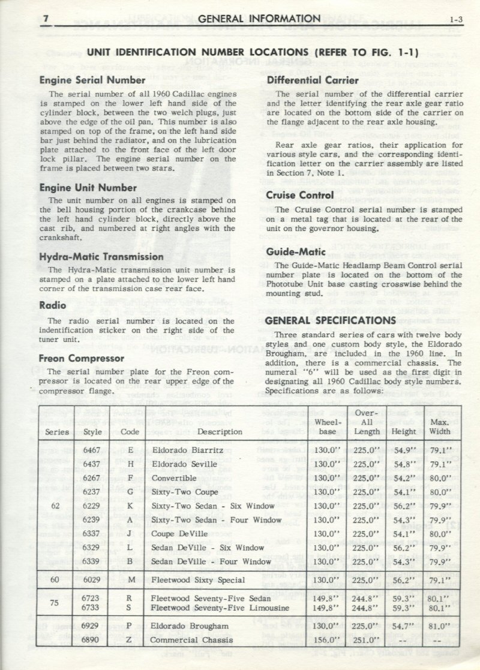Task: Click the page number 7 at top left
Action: (x=44, y=19)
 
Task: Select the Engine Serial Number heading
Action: (x=92, y=80)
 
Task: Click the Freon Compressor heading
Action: (x=82, y=359)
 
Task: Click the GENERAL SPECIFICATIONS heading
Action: (x=331, y=320)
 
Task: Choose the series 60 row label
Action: (x=55, y=579)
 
